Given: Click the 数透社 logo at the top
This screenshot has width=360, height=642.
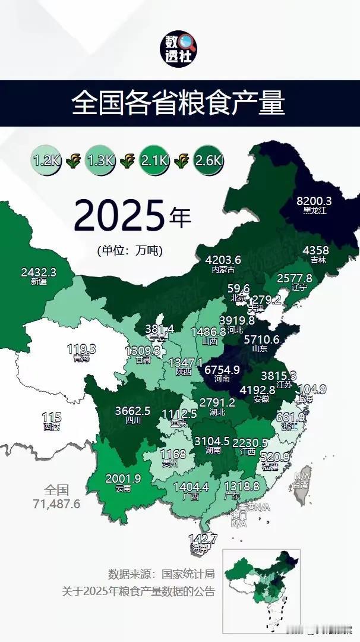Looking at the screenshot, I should click(180, 49).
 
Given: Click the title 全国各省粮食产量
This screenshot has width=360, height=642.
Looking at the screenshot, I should click(179, 103).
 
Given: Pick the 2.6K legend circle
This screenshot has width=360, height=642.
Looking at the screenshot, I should click(208, 160).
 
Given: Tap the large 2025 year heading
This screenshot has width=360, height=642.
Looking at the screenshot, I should click(118, 216).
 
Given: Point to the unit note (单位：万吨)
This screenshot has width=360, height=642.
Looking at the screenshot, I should click(130, 250).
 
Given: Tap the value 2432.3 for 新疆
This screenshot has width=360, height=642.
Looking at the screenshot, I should click(38, 272).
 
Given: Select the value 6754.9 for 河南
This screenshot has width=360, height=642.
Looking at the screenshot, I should click(222, 370).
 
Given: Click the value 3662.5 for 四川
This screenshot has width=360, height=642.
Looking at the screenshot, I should click(134, 410).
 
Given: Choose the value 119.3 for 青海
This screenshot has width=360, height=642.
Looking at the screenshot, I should click(81, 350).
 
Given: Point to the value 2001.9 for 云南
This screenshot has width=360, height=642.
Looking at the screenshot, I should click(123, 479).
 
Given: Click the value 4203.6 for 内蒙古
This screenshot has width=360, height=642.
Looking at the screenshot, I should click(223, 260).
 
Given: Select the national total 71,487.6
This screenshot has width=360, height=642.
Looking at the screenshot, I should click(56, 503).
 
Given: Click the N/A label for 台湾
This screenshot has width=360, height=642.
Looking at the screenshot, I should click(302, 476).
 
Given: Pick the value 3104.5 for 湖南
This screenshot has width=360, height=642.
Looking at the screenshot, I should click(210, 441).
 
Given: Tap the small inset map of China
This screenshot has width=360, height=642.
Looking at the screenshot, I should click(261, 583).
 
